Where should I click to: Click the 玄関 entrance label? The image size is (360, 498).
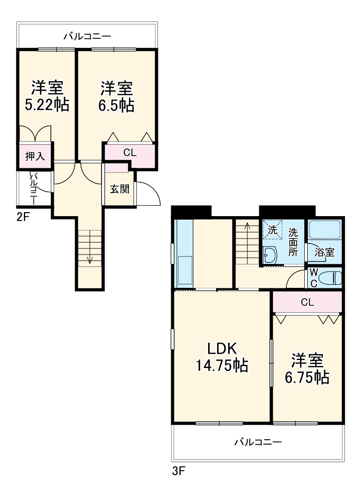point(120,189)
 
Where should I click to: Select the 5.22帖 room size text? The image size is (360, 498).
point(47,105)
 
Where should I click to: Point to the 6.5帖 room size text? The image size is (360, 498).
point(117,105)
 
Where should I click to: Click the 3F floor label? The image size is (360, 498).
point(179,471)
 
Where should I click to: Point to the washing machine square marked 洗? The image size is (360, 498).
point(272,231)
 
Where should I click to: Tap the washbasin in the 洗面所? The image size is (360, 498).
point(270,255)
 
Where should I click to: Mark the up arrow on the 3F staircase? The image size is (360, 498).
point(247,229)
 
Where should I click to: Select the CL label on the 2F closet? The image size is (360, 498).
point(129,152)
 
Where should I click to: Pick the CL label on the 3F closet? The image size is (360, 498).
point(307,302)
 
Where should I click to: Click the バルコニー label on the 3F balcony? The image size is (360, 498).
point(257,442)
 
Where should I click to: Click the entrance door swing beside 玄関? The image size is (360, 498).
point(147,195)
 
